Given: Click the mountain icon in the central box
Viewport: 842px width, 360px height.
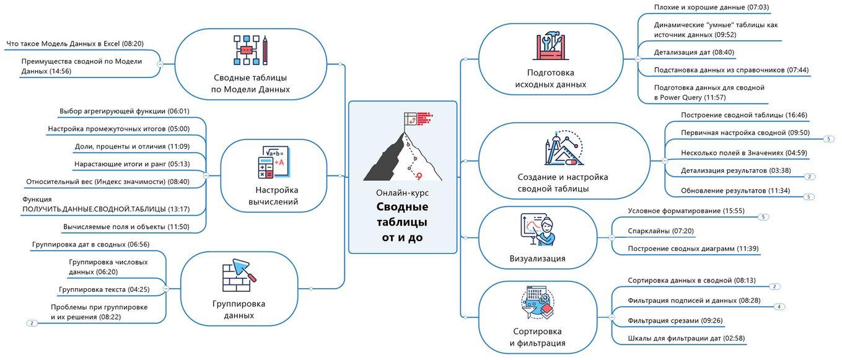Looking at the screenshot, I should click(x=403, y=149).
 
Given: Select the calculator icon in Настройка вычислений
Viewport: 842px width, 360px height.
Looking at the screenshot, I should click(x=273, y=163).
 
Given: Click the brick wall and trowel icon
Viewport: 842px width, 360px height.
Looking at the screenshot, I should click(x=239, y=276).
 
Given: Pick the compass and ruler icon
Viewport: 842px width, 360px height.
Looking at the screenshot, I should click(x=564, y=149).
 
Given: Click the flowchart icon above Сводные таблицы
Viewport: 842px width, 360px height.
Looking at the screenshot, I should click(x=250, y=50).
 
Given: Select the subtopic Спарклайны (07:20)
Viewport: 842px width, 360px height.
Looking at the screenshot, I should click(x=660, y=231).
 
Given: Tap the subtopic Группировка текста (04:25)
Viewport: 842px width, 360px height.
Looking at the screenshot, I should click(x=104, y=289).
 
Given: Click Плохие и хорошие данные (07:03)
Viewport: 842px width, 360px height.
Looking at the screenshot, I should click(x=711, y=7).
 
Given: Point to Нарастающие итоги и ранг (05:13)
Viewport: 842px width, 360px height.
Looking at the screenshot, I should click(x=132, y=164).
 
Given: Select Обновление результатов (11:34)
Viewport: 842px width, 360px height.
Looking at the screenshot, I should click(x=735, y=191).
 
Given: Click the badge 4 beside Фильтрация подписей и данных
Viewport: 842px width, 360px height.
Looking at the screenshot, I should click(x=779, y=307).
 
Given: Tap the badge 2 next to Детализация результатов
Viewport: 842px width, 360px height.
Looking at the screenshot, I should click(x=809, y=177).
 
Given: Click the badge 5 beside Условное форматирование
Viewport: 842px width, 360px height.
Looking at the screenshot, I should click(x=763, y=217).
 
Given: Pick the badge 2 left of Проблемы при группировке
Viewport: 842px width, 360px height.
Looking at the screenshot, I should click(x=32, y=323).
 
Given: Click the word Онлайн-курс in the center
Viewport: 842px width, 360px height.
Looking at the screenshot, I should click(x=402, y=193).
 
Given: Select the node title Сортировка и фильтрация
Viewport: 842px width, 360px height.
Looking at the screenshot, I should click(x=537, y=337).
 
